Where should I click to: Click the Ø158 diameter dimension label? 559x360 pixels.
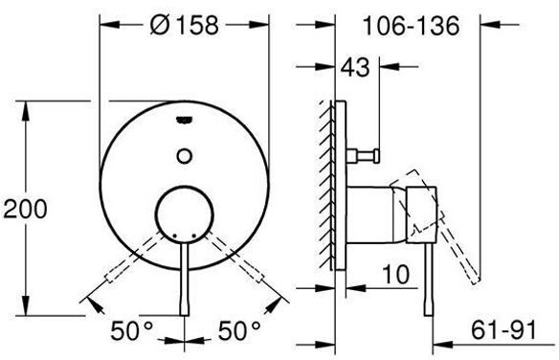(x=184, y=25)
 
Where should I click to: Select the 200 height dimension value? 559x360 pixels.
(x=25, y=209)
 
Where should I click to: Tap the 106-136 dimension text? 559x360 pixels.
(x=411, y=26)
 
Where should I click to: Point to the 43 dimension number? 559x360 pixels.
(x=355, y=67)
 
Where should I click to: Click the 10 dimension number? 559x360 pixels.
(x=396, y=274)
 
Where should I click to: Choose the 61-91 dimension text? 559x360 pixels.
(x=503, y=330)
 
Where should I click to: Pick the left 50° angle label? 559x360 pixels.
(x=131, y=330)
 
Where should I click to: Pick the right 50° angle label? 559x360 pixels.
(x=239, y=330)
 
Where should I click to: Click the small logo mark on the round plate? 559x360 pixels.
(x=185, y=121)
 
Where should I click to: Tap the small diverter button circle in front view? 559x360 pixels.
(x=185, y=156)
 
